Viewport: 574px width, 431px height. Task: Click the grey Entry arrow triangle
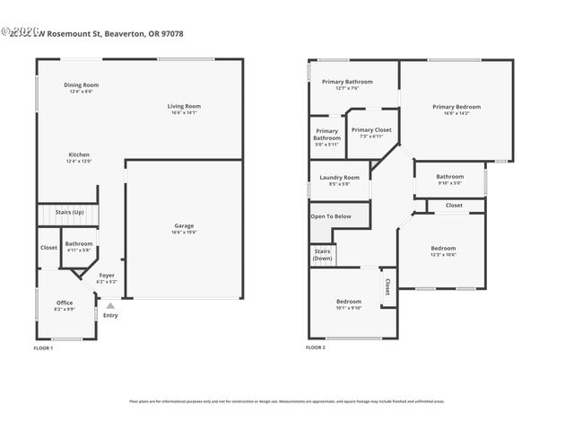pos(110,306)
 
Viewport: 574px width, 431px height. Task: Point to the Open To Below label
pos(331,216)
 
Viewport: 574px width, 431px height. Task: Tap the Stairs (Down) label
pos(323,255)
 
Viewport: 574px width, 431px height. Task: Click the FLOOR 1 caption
pos(43,347)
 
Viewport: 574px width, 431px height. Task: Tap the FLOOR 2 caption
pos(316,347)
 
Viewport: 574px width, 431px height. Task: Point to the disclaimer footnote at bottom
pos(286,401)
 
